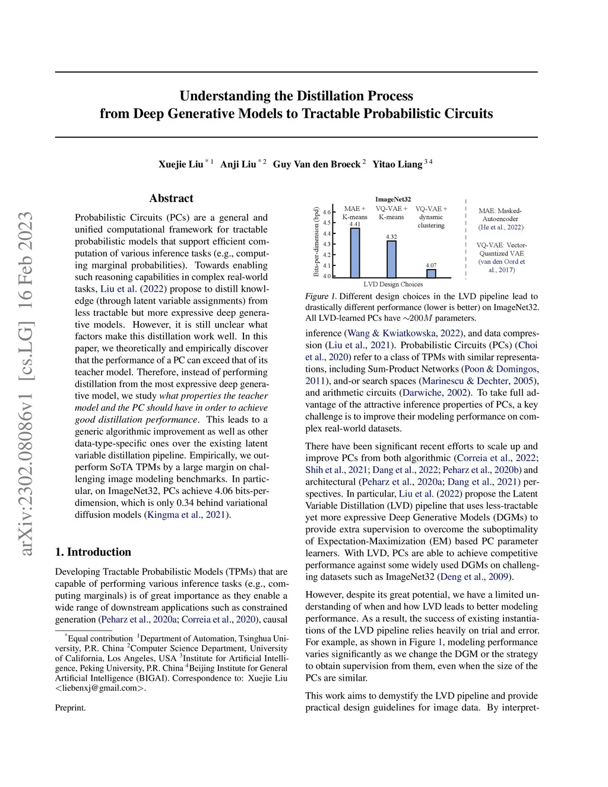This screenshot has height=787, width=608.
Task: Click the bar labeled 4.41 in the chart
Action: (x=354, y=252)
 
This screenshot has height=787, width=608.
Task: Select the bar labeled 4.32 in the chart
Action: (x=391, y=259)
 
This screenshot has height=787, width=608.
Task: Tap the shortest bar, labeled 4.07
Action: (x=431, y=273)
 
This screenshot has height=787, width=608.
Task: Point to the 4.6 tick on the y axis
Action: (x=327, y=212)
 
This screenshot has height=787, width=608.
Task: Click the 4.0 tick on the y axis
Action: (x=327, y=276)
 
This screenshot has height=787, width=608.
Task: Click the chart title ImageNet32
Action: (x=392, y=200)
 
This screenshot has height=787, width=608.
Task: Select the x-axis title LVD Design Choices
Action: (x=393, y=285)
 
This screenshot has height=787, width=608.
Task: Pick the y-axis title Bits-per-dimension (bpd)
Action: (x=316, y=242)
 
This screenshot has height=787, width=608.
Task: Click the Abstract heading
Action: (x=171, y=198)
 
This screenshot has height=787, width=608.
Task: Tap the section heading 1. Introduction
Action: (x=93, y=552)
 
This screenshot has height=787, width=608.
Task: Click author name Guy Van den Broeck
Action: (x=316, y=164)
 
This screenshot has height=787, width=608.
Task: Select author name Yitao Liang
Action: (x=397, y=164)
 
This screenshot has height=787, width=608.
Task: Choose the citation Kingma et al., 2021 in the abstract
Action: (x=186, y=514)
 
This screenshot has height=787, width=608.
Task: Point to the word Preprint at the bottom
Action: (x=70, y=707)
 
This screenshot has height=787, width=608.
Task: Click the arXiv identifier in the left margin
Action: (x=26, y=384)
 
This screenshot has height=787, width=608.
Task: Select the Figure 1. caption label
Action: (x=321, y=296)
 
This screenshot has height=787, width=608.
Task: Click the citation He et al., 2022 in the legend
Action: (x=501, y=227)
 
